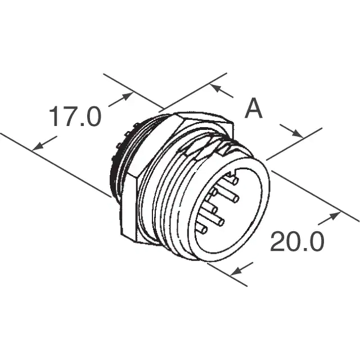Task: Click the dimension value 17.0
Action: pos(75,116)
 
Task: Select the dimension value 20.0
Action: pos(298,241)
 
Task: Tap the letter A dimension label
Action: pos(254,108)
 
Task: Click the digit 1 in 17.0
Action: pos(53,116)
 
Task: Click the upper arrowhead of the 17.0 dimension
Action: pos(128,96)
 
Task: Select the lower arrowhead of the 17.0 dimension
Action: pos(38,146)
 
